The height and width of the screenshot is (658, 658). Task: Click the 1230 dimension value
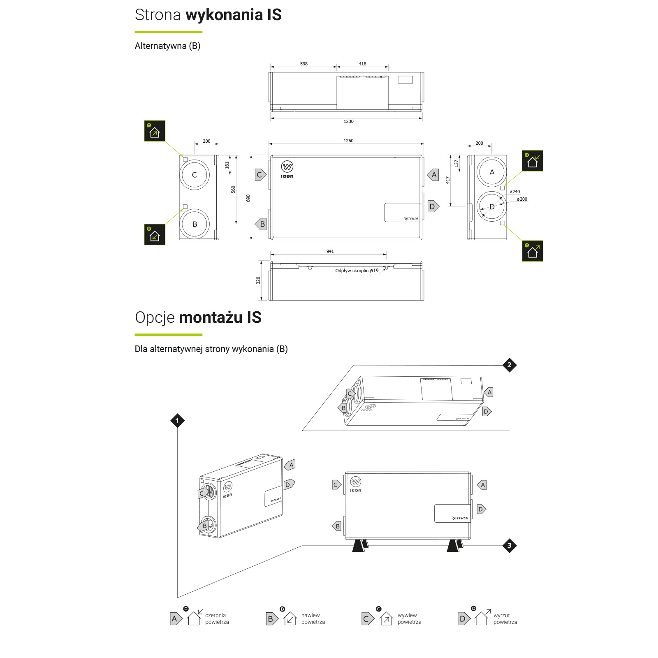point(348,121)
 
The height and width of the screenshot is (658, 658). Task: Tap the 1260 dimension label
point(348,141)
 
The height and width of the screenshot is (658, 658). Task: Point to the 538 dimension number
point(304,64)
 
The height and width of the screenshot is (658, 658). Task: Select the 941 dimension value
point(330,251)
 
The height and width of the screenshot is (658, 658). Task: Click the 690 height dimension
point(248,198)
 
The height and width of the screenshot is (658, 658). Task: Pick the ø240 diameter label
point(514,192)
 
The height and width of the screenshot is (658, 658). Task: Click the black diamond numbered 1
point(177,421)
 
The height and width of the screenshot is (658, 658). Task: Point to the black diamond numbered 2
point(510,365)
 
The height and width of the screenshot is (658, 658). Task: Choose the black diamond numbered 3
point(510,546)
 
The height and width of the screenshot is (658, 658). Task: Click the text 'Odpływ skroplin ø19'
point(357,271)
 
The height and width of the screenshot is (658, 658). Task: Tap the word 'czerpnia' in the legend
point(215,616)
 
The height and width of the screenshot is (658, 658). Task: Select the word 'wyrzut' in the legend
point(502,616)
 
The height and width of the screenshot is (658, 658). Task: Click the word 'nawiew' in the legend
point(310,616)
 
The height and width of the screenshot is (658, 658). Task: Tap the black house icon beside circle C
point(155,131)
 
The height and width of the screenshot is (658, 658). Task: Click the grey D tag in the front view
point(433,206)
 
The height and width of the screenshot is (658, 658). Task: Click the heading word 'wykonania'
point(225,15)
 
